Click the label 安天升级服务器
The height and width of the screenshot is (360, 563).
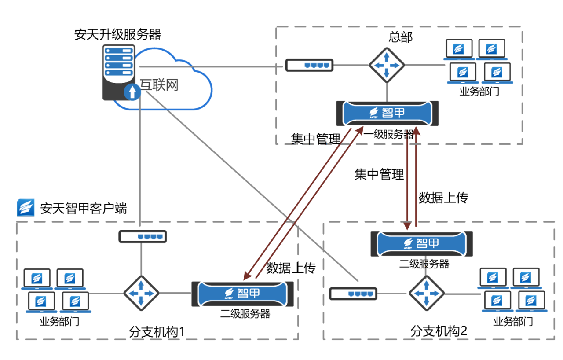point(117,34)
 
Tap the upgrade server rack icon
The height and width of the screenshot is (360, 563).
point(119,72)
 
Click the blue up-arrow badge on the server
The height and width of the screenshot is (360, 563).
point(132,92)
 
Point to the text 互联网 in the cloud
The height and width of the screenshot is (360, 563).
point(159,85)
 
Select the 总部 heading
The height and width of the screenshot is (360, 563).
point(401,37)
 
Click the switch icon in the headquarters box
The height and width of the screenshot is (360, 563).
point(309,66)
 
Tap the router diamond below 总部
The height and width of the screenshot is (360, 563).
point(387,66)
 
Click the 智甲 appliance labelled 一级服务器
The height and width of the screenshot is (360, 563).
point(388,113)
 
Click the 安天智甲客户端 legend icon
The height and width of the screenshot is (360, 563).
point(26,208)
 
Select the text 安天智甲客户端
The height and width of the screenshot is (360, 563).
point(84,209)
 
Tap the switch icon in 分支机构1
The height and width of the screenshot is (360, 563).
point(143,237)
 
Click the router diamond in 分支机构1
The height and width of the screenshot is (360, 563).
point(141,293)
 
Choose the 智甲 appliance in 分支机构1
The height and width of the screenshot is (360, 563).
point(242,294)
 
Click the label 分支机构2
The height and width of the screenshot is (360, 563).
point(439,331)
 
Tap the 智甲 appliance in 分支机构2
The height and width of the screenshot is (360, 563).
point(421,244)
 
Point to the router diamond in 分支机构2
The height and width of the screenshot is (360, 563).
point(427,293)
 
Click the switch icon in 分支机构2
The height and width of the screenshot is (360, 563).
point(353,294)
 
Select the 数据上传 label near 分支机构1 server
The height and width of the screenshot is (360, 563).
point(291,268)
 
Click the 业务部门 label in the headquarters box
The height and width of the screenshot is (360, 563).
point(479,92)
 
